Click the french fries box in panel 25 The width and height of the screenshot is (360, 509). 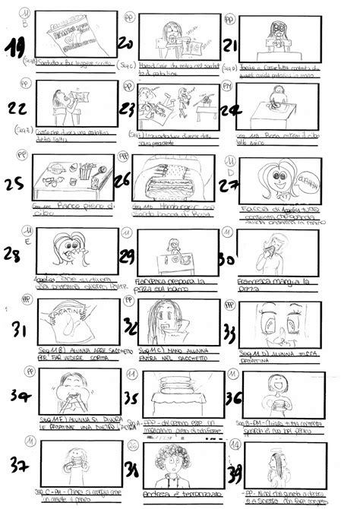[85, 171]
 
